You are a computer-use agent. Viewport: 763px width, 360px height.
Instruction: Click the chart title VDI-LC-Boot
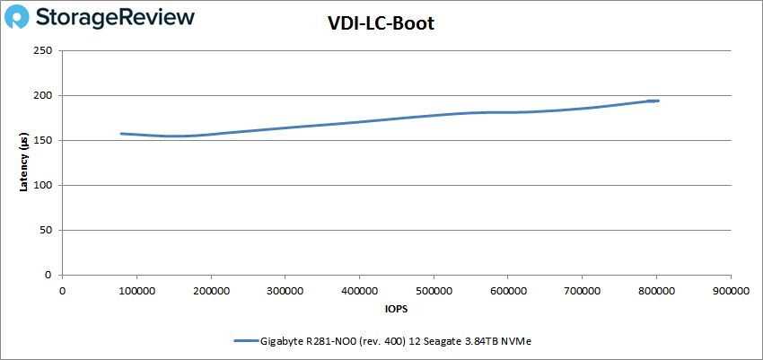point(381,24)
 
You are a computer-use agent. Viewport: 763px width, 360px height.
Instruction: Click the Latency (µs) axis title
point(23,162)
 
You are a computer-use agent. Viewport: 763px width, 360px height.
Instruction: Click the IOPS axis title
point(396,308)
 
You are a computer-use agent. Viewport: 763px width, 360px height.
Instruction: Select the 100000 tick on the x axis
point(136,291)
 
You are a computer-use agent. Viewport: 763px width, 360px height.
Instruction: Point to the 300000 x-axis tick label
point(285,291)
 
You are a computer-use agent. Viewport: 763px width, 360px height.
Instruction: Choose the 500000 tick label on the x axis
point(434,291)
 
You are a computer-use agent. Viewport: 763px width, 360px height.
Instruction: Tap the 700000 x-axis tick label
point(582,291)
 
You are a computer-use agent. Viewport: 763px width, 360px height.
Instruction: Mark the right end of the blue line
point(659,101)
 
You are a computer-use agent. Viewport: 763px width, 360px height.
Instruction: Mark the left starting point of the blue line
point(121,134)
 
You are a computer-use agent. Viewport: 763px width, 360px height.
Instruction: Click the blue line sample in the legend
point(245,341)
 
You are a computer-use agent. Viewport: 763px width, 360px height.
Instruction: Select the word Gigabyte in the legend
point(282,341)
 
